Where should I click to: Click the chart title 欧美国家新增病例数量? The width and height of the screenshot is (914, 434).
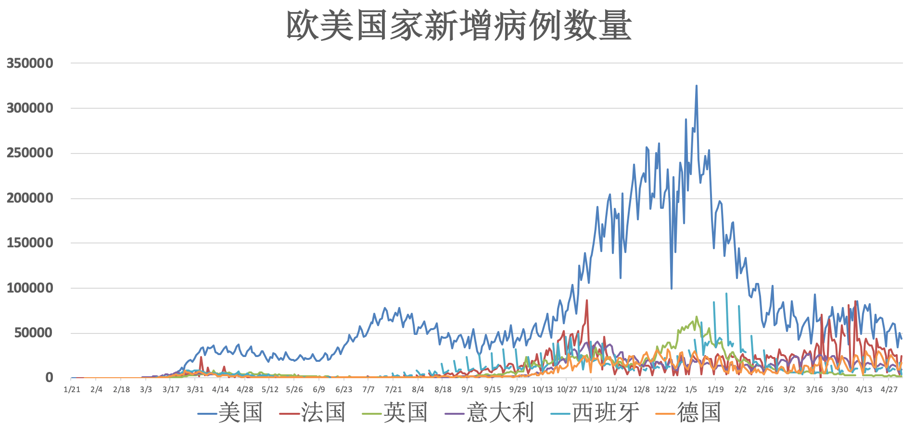click(459, 25)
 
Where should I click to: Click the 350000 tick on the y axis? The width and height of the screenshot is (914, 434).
click(30, 63)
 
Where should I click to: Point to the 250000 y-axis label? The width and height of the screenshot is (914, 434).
click(30, 153)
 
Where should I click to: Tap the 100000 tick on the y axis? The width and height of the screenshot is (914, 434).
click(30, 288)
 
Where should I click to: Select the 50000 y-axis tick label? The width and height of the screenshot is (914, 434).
click(34, 333)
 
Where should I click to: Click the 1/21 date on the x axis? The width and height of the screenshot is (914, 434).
click(72, 389)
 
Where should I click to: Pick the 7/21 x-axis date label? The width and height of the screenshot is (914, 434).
click(394, 389)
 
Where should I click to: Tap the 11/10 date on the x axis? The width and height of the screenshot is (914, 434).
click(591, 389)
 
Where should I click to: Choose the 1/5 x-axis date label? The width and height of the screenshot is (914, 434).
click(691, 389)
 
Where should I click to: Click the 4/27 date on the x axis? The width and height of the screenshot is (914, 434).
click(889, 389)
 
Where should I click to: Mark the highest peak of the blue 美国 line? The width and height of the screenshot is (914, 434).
click(696, 86)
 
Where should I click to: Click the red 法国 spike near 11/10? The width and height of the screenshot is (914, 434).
click(587, 301)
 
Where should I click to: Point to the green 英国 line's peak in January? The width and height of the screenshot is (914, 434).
click(697, 317)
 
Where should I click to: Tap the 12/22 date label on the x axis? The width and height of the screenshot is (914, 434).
click(666, 389)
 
